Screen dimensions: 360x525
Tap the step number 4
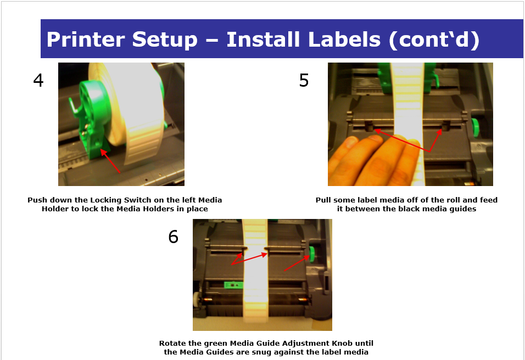[38, 81]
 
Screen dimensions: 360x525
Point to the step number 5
[304, 81]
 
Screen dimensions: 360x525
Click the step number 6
[173, 237]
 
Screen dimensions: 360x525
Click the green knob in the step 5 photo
[476, 126]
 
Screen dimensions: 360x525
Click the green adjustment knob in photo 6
[311, 253]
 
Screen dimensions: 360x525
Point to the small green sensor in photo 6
[233, 285]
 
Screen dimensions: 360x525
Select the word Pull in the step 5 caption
[324, 200]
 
